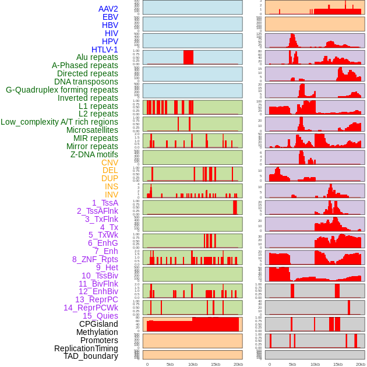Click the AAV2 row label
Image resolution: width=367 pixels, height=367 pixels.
click(108, 9)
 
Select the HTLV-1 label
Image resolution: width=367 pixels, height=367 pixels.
click(104, 50)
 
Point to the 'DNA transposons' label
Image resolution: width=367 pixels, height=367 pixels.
click(86, 82)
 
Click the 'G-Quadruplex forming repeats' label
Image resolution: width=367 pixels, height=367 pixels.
click(62, 90)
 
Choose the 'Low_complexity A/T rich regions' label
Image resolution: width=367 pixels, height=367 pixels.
click(59, 122)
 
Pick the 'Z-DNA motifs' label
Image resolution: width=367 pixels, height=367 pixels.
click(94, 154)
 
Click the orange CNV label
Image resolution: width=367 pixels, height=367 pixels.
click(110, 163)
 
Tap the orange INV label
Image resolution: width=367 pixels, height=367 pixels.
click(111, 195)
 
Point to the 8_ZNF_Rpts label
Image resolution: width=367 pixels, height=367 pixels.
click(95, 259)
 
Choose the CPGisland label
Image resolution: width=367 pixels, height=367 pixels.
click(98, 324)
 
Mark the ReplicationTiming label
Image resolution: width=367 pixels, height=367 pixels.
click(86, 348)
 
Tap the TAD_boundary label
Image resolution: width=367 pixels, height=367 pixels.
click(90, 356)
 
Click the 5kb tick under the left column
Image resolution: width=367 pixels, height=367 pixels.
click(170, 364)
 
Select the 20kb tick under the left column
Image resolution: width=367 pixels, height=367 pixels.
click(238, 364)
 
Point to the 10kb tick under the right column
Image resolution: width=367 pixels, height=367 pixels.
click(315, 364)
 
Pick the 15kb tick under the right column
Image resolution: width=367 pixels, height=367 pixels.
click(338, 364)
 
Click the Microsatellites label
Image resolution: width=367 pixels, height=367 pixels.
click(92, 130)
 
